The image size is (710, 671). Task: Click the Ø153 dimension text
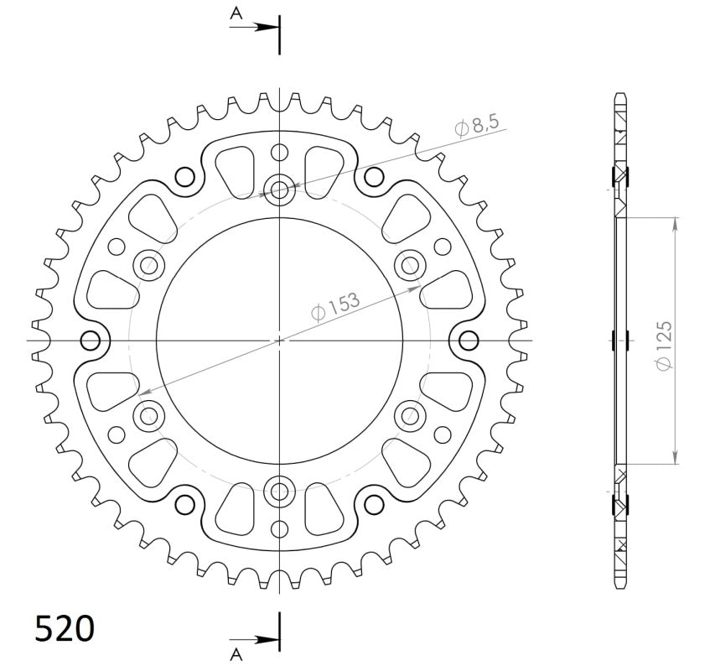click(x=335, y=305)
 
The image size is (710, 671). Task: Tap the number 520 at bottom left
click(x=65, y=628)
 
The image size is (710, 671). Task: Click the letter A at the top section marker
click(x=237, y=13)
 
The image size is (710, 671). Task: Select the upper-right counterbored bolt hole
click(x=411, y=265)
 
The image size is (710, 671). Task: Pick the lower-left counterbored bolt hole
click(x=149, y=414)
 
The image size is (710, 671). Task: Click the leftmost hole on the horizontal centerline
click(x=90, y=340)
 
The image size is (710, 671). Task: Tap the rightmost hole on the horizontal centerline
click(x=469, y=340)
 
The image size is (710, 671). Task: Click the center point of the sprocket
click(x=279, y=340)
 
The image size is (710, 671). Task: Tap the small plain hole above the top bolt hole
click(x=279, y=153)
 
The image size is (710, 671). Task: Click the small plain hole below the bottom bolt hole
click(x=279, y=528)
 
